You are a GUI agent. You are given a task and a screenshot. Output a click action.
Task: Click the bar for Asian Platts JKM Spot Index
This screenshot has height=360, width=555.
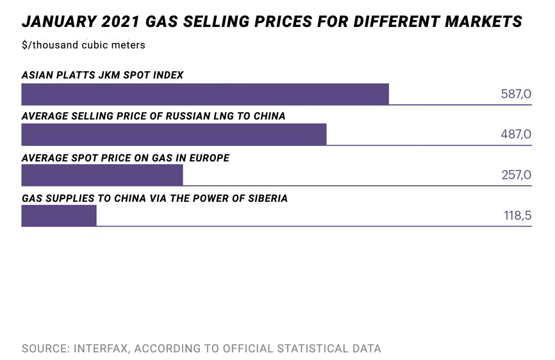click(205, 94)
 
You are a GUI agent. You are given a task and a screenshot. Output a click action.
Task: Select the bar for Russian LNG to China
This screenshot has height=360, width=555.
click(174, 135)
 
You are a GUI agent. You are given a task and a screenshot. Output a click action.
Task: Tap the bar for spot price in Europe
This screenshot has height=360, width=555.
click(102, 175)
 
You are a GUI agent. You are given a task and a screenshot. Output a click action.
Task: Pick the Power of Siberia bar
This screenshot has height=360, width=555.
click(59, 215)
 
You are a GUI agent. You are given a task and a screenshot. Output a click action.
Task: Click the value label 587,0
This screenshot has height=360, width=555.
click(516, 94)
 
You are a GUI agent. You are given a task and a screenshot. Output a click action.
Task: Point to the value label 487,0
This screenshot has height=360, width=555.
click(516, 135)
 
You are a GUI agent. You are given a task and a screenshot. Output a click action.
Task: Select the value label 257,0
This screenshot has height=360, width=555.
click(516, 175)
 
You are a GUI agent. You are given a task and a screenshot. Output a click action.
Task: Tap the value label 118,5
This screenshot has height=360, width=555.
click(517, 216)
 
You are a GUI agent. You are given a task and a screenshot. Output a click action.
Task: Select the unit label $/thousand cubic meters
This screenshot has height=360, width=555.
click(83, 45)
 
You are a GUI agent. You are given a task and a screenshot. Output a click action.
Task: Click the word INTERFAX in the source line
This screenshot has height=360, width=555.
click(102, 349)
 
